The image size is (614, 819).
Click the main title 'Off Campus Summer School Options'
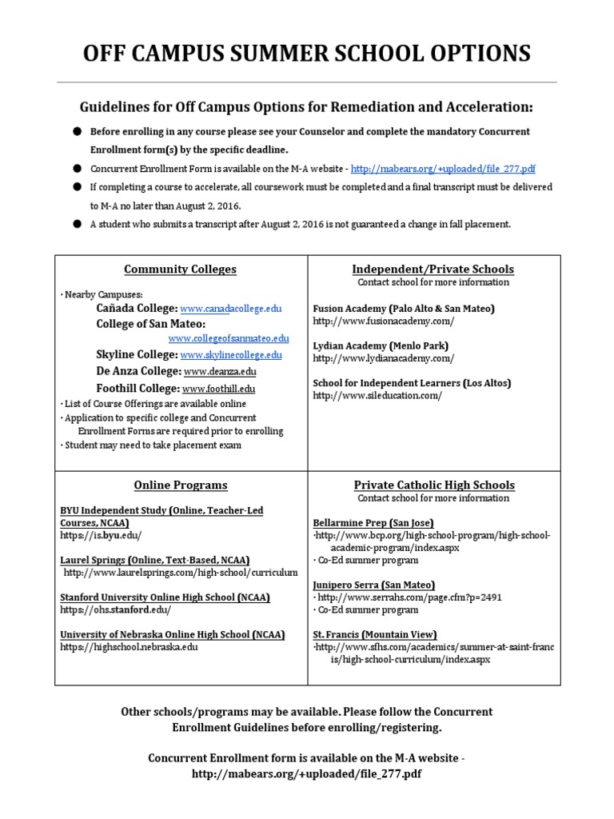(307, 53)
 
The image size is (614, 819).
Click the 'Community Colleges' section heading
(181, 270)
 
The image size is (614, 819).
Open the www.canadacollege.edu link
(231, 309)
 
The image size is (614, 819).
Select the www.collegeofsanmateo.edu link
(229, 339)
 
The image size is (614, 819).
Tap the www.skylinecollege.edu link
(231, 355)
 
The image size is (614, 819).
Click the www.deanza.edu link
(221, 372)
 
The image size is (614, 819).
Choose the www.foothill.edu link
(218, 389)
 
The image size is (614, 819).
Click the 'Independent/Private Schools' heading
(433, 270)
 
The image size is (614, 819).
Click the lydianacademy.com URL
(383, 358)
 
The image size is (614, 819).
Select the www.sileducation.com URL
(377, 396)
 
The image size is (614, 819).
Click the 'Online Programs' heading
(181, 485)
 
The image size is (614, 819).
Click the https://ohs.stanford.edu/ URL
(115, 609)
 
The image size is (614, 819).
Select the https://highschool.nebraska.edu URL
(128, 647)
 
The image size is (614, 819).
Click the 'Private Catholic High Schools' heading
(434, 485)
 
